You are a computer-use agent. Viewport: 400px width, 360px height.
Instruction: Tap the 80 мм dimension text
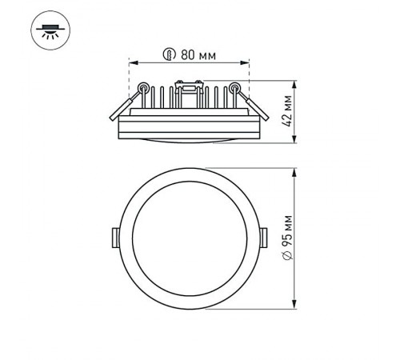click(x=197, y=55)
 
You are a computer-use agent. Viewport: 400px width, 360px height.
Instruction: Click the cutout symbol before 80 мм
click(x=170, y=55)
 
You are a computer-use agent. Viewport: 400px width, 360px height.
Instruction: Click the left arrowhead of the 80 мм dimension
click(x=132, y=62)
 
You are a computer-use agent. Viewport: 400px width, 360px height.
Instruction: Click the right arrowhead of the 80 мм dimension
click(x=247, y=62)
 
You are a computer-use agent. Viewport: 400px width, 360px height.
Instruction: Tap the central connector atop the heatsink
click(x=190, y=85)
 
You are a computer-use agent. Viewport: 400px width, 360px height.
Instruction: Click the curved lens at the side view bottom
click(x=190, y=142)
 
